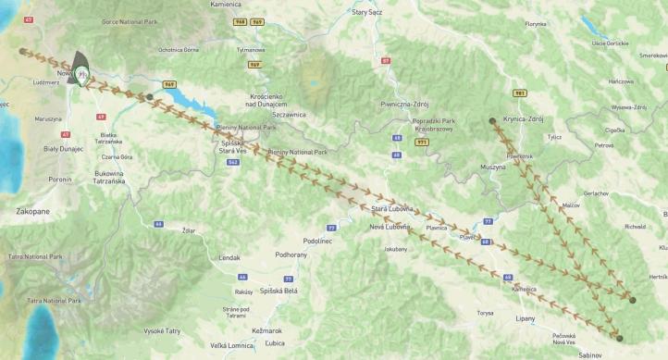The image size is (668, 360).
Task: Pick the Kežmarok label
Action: click(x=266, y=330)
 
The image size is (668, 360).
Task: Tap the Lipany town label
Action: click(x=526, y=319)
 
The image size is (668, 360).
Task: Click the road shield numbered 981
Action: click(x=520, y=93)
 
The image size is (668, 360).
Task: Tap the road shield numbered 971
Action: click(x=421, y=143)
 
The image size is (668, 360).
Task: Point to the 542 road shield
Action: click(x=233, y=162)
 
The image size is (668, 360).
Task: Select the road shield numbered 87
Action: click(x=386, y=60)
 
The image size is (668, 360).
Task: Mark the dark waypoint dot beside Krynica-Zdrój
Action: click(x=492, y=121)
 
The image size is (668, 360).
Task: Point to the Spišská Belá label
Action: click(x=259, y=291)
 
